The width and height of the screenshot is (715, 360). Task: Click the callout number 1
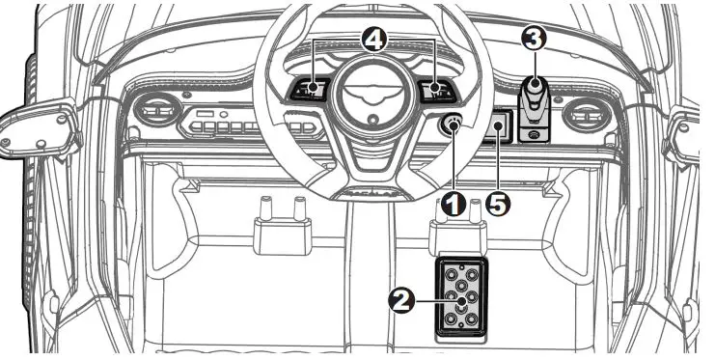(454, 204)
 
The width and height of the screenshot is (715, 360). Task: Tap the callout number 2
(400, 301)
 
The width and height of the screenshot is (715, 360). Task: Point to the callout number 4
(374, 41)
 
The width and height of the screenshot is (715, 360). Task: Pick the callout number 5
(498, 204)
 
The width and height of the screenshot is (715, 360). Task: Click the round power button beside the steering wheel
(452, 124)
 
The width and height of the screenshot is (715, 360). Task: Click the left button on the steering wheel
(311, 90)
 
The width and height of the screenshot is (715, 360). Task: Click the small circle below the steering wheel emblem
(373, 120)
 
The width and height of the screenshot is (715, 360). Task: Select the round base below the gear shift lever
(535, 134)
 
